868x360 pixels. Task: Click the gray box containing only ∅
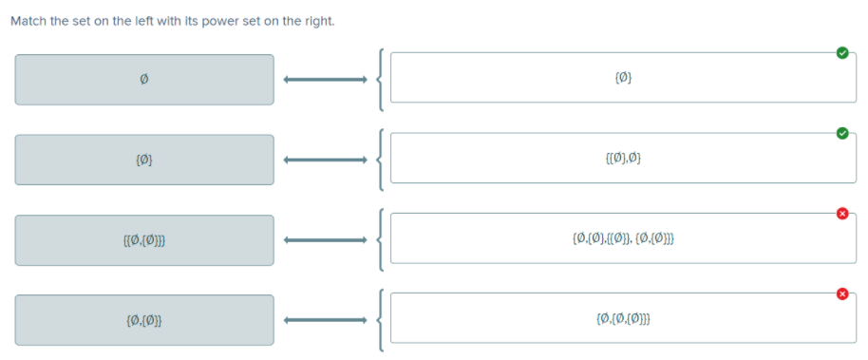(x=144, y=80)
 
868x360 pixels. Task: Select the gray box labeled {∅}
(x=144, y=160)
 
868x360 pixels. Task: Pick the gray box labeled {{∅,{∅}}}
(x=144, y=239)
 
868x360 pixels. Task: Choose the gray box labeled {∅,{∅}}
(x=144, y=319)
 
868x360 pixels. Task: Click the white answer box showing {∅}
(x=623, y=78)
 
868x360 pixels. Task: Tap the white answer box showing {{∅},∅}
(x=623, y=158)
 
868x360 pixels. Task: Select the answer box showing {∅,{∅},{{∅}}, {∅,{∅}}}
(x=623, y=237)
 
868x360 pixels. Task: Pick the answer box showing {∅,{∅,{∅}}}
(x=623, y=318)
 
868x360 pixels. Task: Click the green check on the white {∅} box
(x=841, y=53)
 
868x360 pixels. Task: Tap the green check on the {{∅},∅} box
(x=841, y=133)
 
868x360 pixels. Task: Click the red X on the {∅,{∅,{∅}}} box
(x=841, y=294)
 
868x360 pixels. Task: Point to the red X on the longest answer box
(x=841, y=213)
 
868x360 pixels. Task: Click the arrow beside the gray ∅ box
(x=325, y=80)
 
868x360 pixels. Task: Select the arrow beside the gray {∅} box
(x=325, y=160)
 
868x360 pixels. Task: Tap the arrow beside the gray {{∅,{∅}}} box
(x=325, y=239)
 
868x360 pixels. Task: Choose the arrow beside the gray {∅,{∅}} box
(x=325, y=319)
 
